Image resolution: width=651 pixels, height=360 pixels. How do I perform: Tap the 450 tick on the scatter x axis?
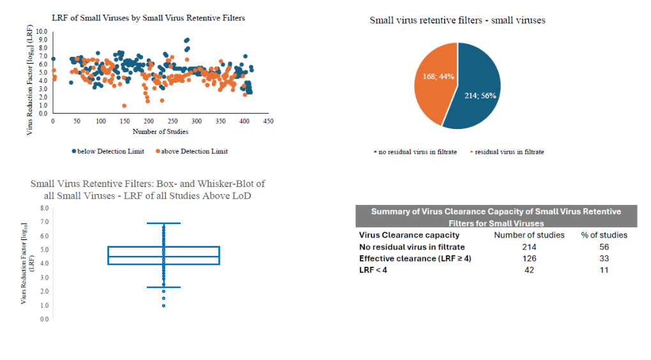(269, 121)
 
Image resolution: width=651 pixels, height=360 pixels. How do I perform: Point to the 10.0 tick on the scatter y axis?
(41, 31)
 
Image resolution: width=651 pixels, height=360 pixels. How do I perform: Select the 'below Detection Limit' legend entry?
(108, 151)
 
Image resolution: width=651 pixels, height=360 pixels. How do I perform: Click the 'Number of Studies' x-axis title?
(160, 131)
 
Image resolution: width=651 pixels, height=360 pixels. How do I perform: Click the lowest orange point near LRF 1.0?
(124, 106)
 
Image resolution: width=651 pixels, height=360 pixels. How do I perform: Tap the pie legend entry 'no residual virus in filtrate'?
(415, 152)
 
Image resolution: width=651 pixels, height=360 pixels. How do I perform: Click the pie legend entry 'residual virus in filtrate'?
(507, 152)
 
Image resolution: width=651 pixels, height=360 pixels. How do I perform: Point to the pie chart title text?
(458, 20)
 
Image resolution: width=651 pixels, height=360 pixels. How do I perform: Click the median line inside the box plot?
(163, 257)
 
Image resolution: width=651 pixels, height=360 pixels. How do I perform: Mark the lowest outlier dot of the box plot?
(163, 306)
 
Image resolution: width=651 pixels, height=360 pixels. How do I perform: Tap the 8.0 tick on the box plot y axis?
(44, 208)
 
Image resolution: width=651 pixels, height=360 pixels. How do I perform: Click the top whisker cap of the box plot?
(163, 223)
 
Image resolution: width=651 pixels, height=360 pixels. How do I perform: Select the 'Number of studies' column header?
(529, 235)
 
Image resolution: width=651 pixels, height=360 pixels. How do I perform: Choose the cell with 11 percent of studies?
(604, 270)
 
